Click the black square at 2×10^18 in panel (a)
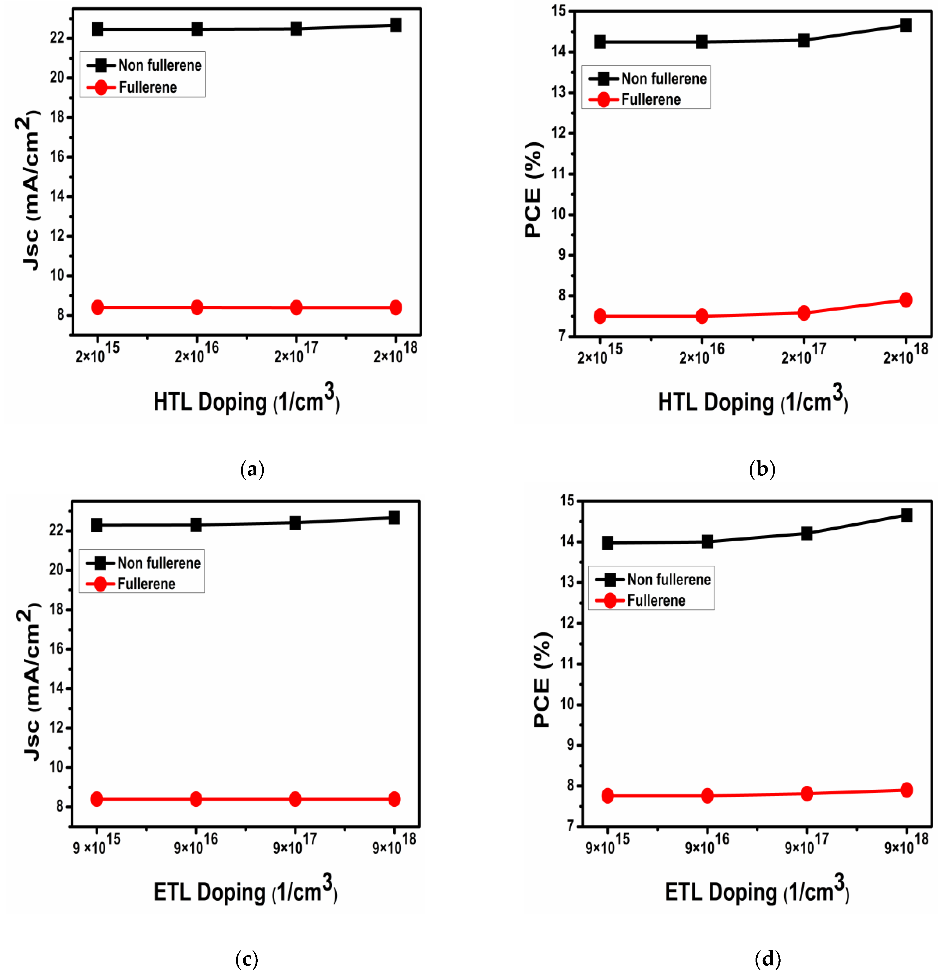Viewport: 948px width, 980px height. [395, 25]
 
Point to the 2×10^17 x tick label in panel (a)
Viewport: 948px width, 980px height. [296, 353]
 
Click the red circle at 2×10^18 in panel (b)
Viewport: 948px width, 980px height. [905, 300]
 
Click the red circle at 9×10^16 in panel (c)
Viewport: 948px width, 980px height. [196, 799]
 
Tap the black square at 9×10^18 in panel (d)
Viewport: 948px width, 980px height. [906, 515]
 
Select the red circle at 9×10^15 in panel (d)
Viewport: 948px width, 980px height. [607, 796]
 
